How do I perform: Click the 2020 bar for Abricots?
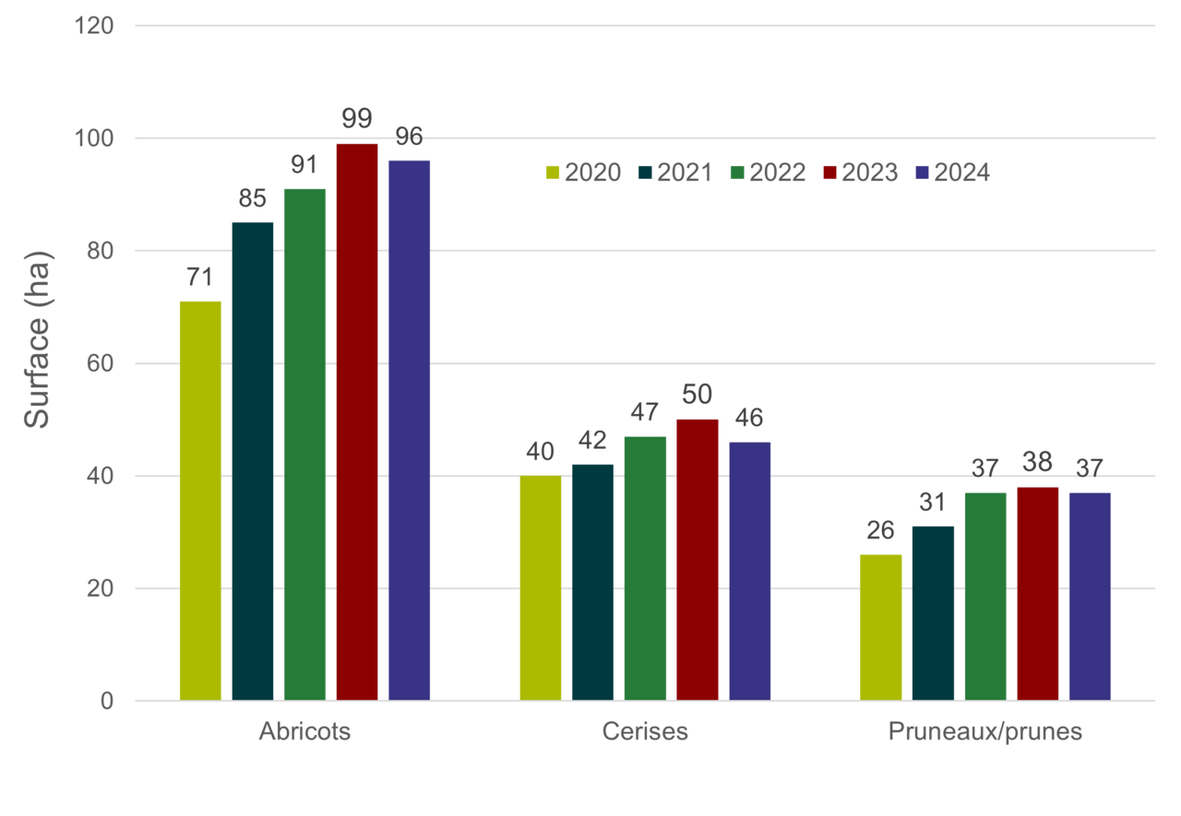(200, 500)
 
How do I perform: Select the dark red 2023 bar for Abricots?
(357, 420)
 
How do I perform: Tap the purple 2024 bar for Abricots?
(410, 429)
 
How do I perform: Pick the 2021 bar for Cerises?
(592, 581)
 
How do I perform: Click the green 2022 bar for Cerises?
(645, 567)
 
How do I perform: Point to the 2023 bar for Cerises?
(698, 559)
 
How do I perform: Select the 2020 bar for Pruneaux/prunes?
(880, 626)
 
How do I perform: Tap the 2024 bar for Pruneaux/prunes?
(1090, 596)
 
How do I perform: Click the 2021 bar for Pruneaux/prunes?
(933, 612)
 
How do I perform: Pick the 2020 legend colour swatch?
(553, 172)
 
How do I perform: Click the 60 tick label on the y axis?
(100, 363)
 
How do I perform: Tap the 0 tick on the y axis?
(107, 701)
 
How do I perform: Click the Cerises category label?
(645, 732)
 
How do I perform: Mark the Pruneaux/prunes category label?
(984, 732)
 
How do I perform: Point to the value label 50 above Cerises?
(698, 396)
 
